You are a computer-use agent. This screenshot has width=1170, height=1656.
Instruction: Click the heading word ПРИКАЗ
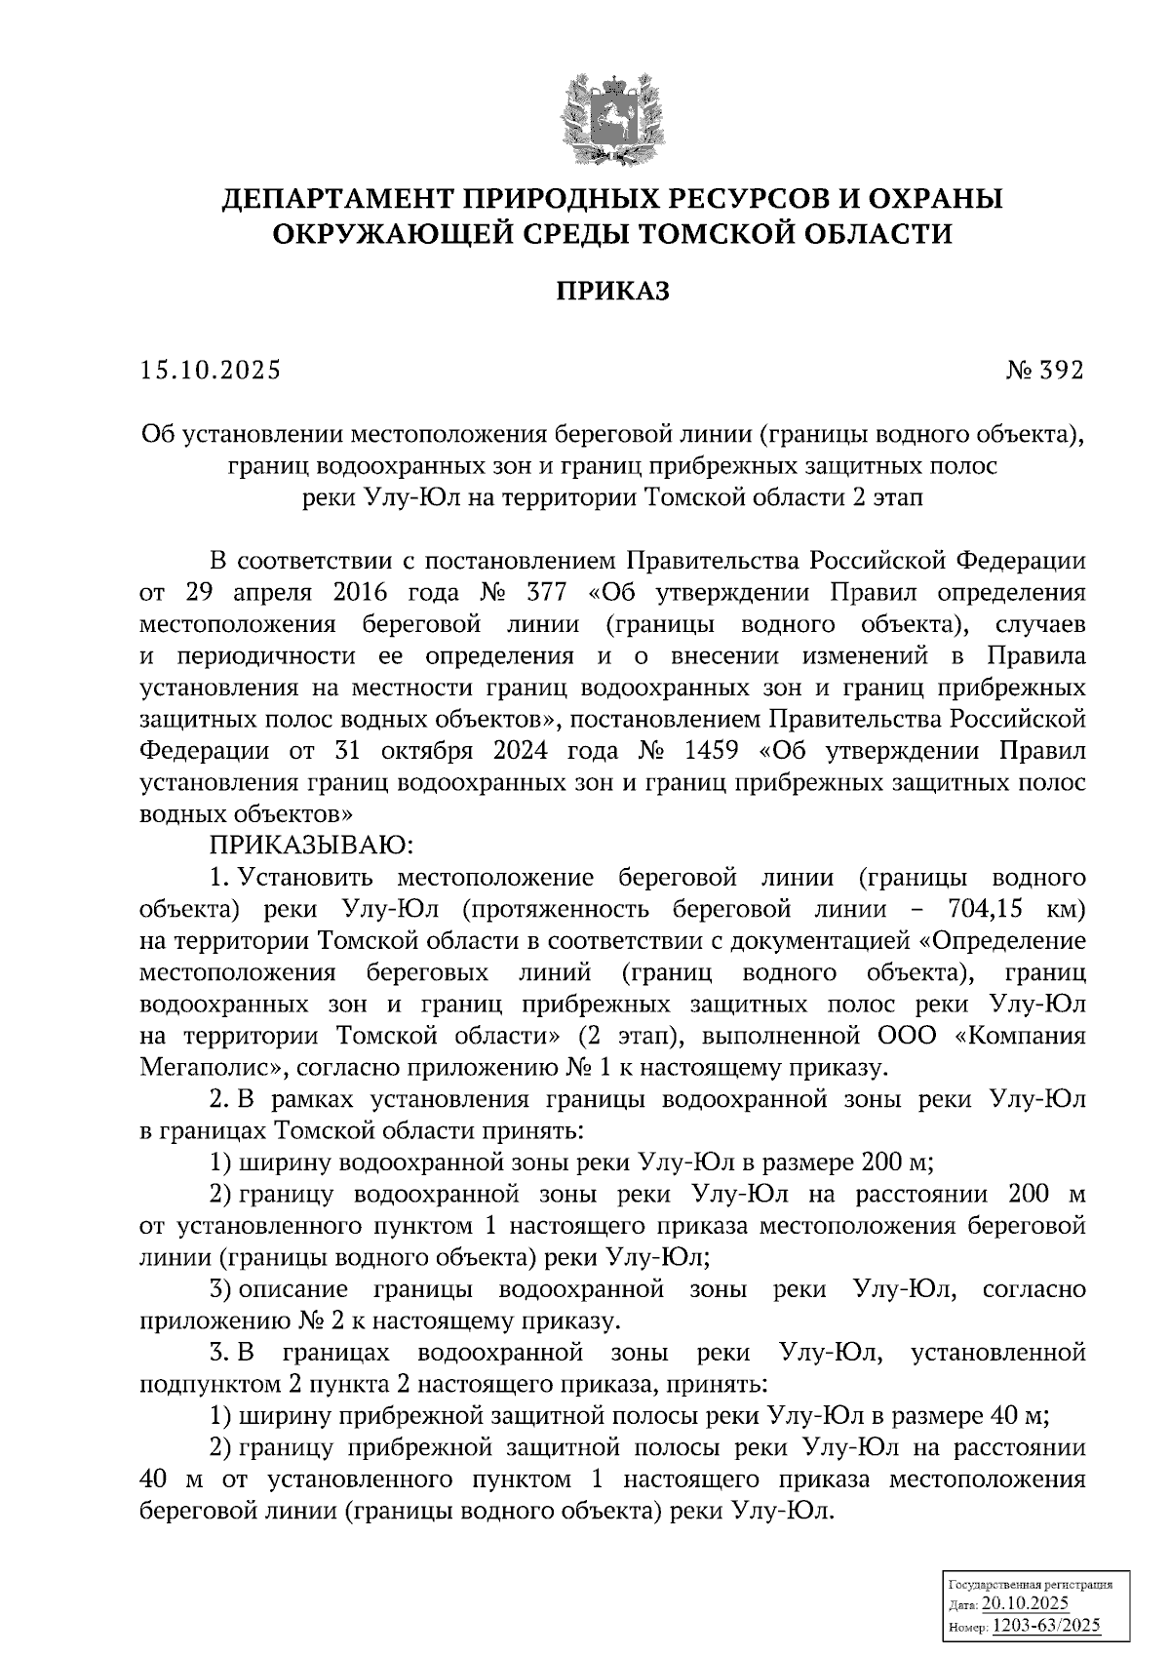click(x=612, y=291)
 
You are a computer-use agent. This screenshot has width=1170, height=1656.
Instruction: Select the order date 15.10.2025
click(x=210, y=371)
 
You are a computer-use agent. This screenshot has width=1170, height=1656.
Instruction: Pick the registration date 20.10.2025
click(x=1025, y=1605)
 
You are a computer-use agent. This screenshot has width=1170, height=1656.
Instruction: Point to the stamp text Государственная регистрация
click(x=1031, y=1586)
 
